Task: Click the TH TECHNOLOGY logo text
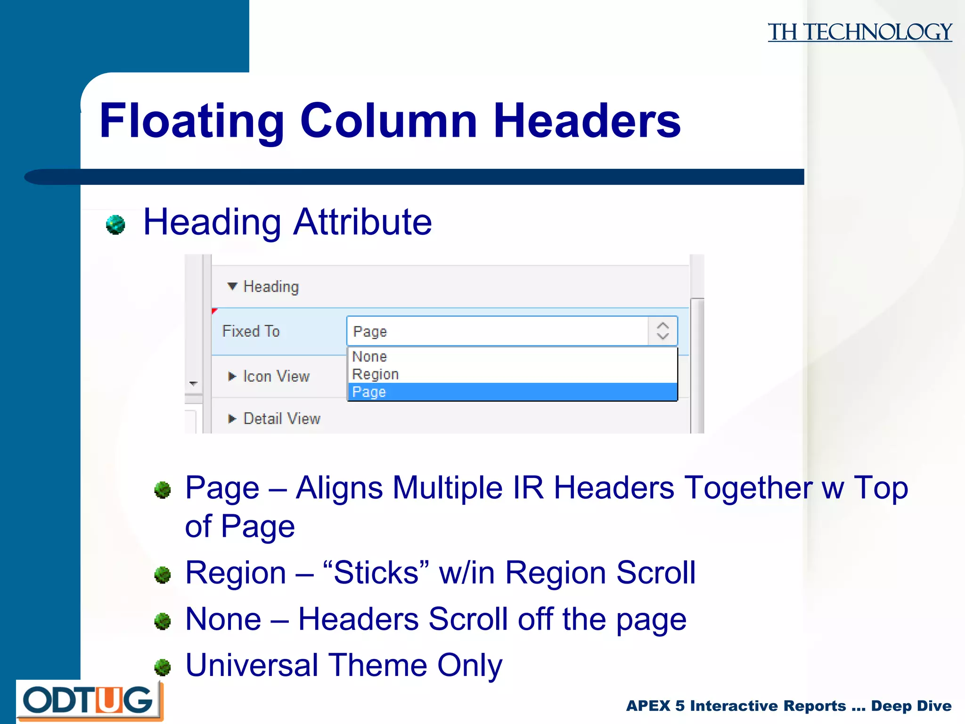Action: [x=859, y=32]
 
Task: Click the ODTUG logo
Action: [x=89, y=701]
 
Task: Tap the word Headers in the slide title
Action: [x=587, y=121]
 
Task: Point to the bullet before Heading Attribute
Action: [x=115, y=224]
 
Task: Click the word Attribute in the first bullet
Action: [x=362, y=222]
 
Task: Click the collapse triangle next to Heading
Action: [x=232, y=286]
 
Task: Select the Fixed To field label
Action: [x=251, y=331]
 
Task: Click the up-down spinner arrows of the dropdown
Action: [x=662, y=331]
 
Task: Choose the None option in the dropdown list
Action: [x=369, y=357]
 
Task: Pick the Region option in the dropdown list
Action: [x=376, y=374]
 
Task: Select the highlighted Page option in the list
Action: [x=369, y=392]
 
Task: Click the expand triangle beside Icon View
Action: [x=232, y=376]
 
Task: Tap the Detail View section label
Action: [x=282, y=419]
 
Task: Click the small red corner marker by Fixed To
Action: [x=214, y=311]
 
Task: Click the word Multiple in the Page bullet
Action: [x=447, y=487]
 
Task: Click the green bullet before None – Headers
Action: [x=163, y=621]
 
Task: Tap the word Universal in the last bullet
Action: [x=252, y=665]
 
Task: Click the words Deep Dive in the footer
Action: [x=911, y=706]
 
